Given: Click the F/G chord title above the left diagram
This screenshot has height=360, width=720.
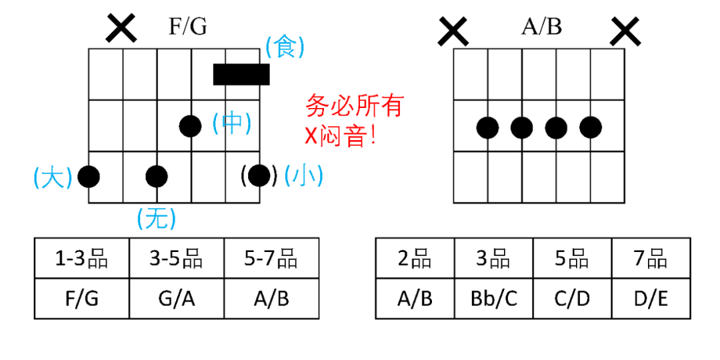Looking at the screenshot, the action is (188, 26).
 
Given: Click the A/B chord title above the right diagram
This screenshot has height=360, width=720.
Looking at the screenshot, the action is (541, 26).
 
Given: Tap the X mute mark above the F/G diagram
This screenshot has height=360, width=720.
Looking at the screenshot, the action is (121, 28).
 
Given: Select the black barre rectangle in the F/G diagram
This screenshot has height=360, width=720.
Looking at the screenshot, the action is (241, 74).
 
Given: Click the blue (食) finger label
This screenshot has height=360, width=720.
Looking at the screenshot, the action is (285, 47).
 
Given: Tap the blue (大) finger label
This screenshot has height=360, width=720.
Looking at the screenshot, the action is (53, 177).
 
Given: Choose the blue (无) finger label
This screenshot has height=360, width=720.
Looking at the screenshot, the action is (156, 217).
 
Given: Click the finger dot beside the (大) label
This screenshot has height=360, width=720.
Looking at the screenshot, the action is (89, 176).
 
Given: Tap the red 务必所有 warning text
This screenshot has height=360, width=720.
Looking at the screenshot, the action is (355, 105).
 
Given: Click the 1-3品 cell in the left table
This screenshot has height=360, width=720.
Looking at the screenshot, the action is (82, 258).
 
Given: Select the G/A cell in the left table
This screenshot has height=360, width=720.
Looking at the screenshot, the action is (177, 298).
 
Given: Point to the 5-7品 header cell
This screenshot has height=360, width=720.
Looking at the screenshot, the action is (271, 258).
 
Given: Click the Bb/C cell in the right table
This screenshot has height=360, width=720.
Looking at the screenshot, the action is (493, 298).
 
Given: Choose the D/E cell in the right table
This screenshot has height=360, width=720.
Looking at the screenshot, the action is (651, 298).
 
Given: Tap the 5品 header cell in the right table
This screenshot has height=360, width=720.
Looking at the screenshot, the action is (572, 258).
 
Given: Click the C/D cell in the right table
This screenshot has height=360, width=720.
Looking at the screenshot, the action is (572, 298).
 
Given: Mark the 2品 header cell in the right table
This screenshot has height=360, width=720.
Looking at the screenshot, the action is (415, 258).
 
